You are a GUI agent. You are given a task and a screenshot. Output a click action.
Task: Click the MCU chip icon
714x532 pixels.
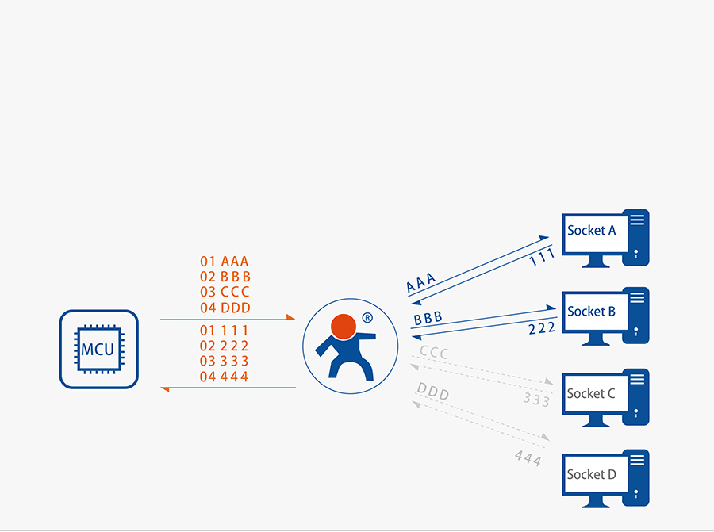(x=98, y=349)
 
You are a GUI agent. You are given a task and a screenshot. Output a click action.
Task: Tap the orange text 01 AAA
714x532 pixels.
(x=225, y=262)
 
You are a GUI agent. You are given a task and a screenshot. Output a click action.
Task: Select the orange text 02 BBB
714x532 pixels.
(x=225, y=277)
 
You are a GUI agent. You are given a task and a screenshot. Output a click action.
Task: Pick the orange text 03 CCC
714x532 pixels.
(x=225, y=292)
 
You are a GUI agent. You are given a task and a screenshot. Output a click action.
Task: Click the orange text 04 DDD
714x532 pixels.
(x=225, y=308)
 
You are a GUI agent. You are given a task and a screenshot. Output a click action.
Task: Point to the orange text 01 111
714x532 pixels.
(x=225, y=331)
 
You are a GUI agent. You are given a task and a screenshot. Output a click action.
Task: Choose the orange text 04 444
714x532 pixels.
(x=225, y=377)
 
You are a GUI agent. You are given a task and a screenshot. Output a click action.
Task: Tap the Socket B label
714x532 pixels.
(x=591, y=312)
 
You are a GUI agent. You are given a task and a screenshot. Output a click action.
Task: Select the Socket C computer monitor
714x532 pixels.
(x=592, y=394)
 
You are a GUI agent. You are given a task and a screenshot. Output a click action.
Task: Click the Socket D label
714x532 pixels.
(x=591, y=474)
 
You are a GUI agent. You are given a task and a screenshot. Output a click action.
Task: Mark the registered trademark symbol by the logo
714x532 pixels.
(x=367, y=318)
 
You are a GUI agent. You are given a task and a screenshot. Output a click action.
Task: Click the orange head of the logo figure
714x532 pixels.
(x=343, y=326)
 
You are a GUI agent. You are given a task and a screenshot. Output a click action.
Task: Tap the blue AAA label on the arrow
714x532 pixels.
(x=420, y=282)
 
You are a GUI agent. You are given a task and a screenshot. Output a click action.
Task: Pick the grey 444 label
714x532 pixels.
(x=528, y=457)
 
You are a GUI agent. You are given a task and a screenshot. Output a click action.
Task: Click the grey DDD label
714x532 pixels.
(x=433, y=392)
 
